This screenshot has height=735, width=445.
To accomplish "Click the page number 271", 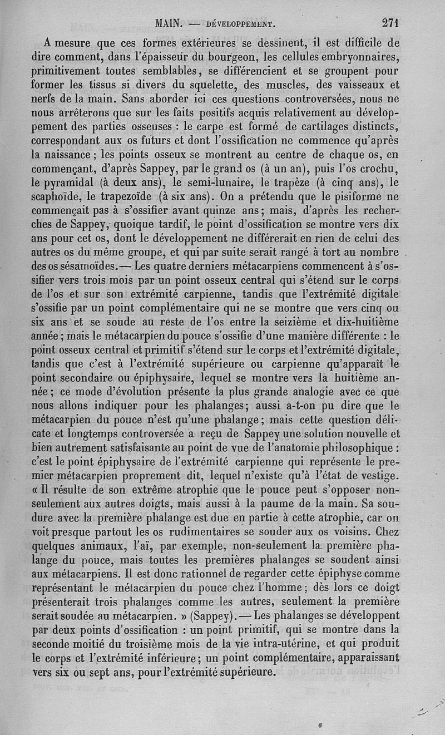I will pos(391,23).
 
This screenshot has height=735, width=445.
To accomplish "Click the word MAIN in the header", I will pos(169,23).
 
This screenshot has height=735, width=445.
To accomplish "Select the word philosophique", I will pos(361,446).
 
